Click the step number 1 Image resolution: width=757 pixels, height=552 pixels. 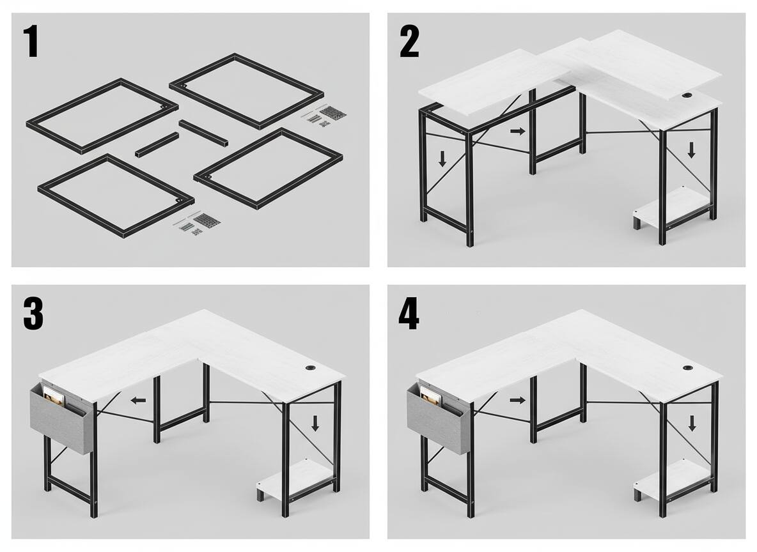pyautogui.click(x=31, y=42)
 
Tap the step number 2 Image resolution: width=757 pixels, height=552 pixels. pyautogui.click(x=409, y=42)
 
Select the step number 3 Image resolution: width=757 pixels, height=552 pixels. pyautogui.click(x=33, y=315)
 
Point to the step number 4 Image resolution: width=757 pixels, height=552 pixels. pyautogui.click(x=409, y=315)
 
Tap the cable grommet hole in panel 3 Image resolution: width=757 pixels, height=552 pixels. pyautogui.click(x=309, y=367)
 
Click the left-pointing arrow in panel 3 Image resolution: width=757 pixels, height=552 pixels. pyautogui.click(x=139, y=400)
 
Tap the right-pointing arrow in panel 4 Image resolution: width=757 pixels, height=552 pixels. pyautogui.click(x=517, y=400)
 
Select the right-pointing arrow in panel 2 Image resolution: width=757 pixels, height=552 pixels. pyautogui.click(x=517, y=131)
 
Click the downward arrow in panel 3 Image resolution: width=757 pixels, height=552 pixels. pyautogui.click(x=315, y=423)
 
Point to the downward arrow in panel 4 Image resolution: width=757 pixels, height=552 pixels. pyautogui.click(x=692, y=423)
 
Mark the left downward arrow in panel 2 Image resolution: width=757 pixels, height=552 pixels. pyautogui.click(x=442, y=158)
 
